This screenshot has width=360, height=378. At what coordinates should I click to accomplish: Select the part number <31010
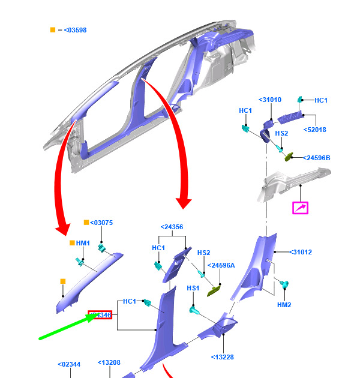point(269,100)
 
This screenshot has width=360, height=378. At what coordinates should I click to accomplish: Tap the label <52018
point(314,129)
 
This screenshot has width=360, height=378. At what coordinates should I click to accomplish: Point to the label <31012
point(301,252)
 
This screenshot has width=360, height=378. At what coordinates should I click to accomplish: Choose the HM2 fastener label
point(284,305)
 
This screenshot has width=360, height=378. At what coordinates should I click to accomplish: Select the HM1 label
point(83,243)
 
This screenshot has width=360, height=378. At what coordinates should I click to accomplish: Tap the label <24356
point(172,227)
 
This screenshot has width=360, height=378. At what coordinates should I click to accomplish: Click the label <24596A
point(221,265)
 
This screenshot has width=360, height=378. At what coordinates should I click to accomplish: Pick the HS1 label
point(193,288)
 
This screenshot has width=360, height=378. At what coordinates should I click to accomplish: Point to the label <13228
point(223,357)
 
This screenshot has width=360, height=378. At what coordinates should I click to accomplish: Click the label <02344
point(69,364)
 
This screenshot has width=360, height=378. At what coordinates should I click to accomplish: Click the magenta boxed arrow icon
point(299,208)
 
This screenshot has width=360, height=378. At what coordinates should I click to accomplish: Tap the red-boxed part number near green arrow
point(100,315)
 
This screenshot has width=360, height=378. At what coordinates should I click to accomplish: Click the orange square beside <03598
point(53,29)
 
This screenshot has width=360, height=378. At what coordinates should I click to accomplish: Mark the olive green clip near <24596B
point(290,156)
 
